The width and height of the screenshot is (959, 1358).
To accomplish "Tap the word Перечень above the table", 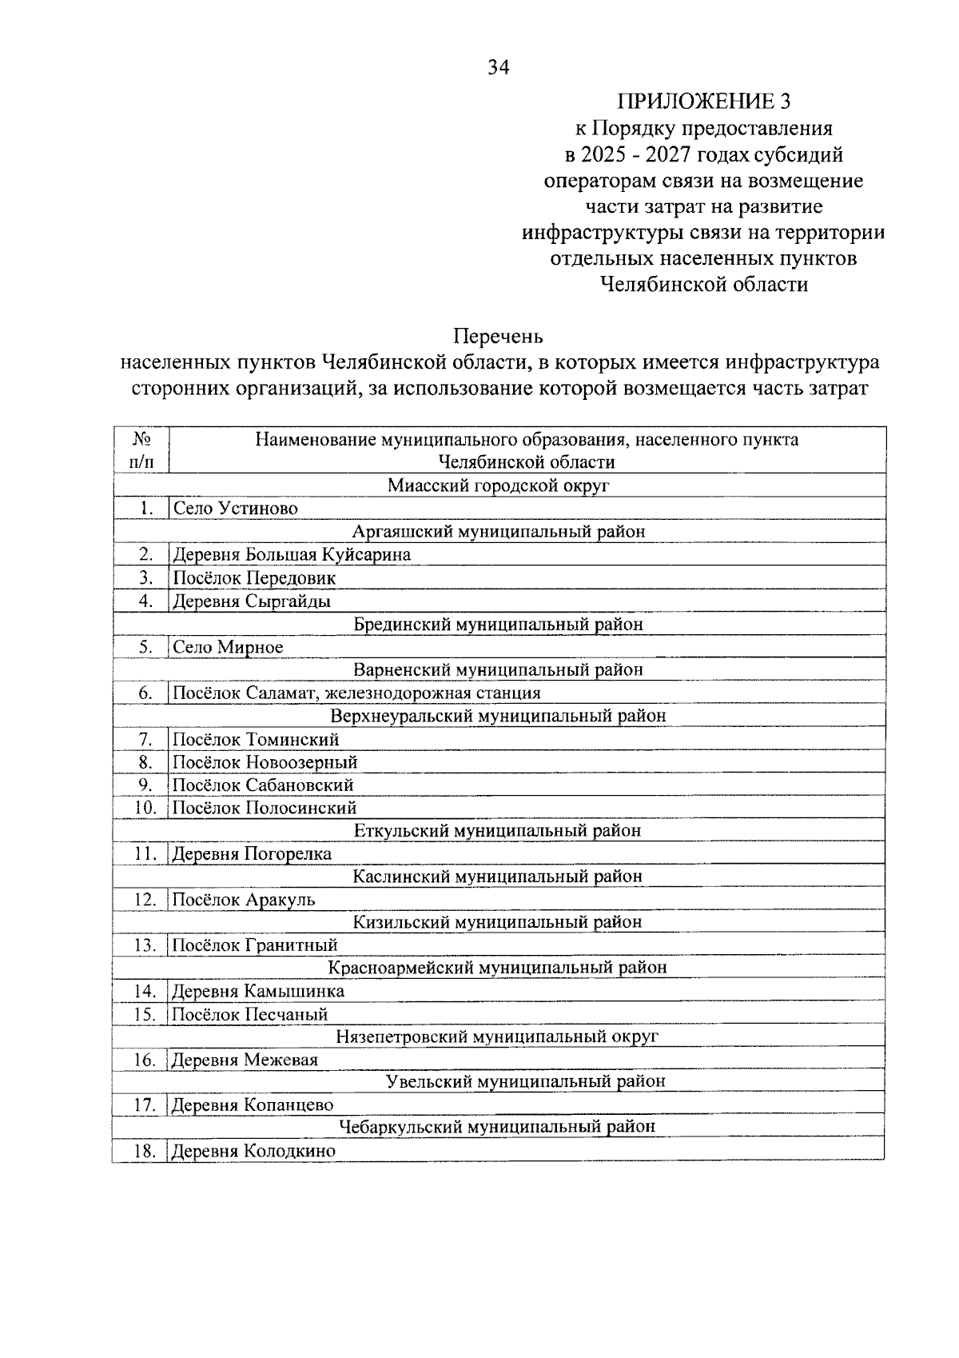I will pyautogui.click(x=499, y=335).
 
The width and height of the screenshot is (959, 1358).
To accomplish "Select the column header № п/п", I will pyautogui.click(x=141, y=450).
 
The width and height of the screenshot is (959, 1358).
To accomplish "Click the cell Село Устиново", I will pyautogui.click(x=236, y=509).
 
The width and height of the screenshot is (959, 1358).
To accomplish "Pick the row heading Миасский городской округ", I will pyautogui.click(x=499, y=485).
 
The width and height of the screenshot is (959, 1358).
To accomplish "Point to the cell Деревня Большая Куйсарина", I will pyautogui.click(x=292, y=554).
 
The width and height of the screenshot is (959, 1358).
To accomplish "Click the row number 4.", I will pyautogui.click(x=145, y=601).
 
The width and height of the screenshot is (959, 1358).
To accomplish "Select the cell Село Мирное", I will pyautogui.click(x=229, y=647).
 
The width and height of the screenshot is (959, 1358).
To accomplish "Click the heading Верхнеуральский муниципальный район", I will pyautogui.click(x=498, y=716).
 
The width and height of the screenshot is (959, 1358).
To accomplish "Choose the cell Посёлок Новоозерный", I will pyautogui.click(x=265, y=762).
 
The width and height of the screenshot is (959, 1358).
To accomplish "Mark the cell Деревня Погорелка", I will pyautogui.click(x=252, y=854).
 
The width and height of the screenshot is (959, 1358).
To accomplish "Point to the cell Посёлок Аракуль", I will pyautogui.click(x=245, y=900).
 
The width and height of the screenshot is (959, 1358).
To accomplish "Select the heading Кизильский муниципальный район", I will pyautogui.click(x=498, y=922).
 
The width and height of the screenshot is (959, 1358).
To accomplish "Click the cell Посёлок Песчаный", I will pyautogui.click(x=251, y=1015).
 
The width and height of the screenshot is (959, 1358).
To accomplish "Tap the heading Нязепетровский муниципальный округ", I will pyautogui.click(x=498, y=1037).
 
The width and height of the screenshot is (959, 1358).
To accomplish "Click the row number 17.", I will pyautogui.click(x=145, y=1105).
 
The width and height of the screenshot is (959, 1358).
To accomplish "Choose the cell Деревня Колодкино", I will pyautogui.click(x=254, y=1152).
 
